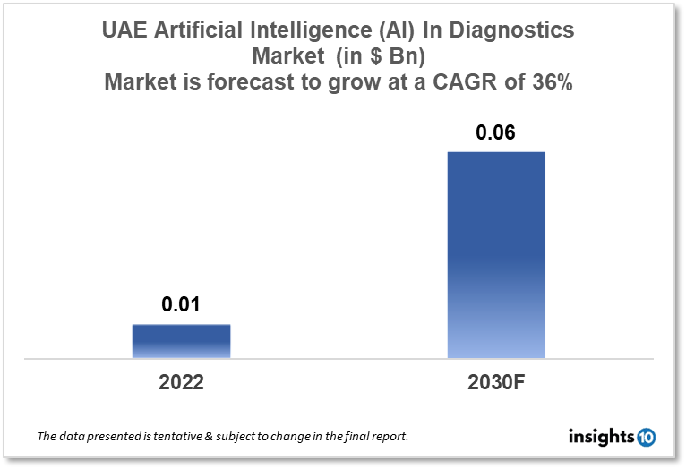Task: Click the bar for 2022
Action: (x=181, y=341)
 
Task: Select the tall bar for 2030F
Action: (x=495, y=255)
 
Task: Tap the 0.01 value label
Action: (x=181, y=305)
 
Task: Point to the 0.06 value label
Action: (x=495, y=133)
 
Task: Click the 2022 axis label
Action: (x=181, y=382)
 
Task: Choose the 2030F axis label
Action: (x=495, y=382)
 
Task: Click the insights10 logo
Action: (x=612, y=437)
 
